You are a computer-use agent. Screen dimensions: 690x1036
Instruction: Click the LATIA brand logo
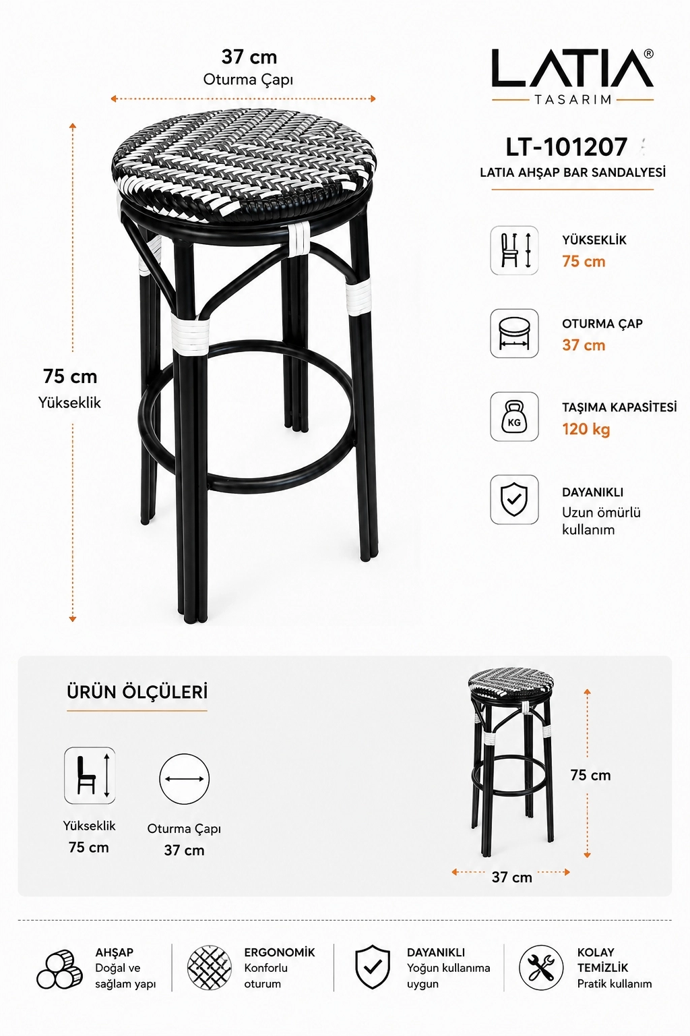pos(573,76)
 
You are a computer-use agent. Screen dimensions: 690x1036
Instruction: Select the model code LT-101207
pos(566,147)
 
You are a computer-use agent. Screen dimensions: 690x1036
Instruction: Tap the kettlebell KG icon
pos(514,417)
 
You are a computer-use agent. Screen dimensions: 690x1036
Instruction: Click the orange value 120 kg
pos(586,429)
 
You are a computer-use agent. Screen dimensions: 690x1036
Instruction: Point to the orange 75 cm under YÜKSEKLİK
pos(584,261)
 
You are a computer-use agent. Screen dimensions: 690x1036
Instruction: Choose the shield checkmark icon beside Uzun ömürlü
pos(514,500)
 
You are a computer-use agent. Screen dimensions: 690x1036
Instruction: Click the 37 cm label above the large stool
pos(249,57)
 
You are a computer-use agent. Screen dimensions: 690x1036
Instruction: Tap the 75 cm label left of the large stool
pos(70,376)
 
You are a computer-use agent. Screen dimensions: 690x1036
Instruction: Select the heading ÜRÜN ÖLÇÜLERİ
pos(137,692)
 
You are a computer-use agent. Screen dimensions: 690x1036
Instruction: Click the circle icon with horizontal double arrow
pos(184,779)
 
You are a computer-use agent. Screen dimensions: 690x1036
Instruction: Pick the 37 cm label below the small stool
pos(511,877)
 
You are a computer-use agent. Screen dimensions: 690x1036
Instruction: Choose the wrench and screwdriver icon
pos(540,968)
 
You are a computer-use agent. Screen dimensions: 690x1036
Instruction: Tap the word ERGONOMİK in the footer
pos(279,952)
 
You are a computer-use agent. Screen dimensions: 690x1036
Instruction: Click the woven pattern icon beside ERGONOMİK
pos(210,968)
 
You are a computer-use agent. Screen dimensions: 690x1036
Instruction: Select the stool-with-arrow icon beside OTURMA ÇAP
pos(514,333)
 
